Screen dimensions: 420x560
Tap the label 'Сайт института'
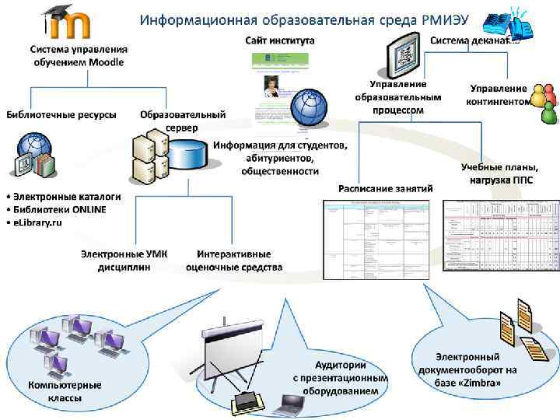(280, 39)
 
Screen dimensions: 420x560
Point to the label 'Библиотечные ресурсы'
(61, 115)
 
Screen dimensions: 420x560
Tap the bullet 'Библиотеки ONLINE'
(55, 209)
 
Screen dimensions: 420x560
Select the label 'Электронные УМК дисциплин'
(124, 260)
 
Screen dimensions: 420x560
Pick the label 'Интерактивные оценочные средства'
(234, 260)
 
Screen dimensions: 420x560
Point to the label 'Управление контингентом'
(498, 95)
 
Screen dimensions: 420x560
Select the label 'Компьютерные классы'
(65, 392)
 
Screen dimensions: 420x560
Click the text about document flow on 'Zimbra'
(466, 369)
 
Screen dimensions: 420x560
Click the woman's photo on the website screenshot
(272, 86)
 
